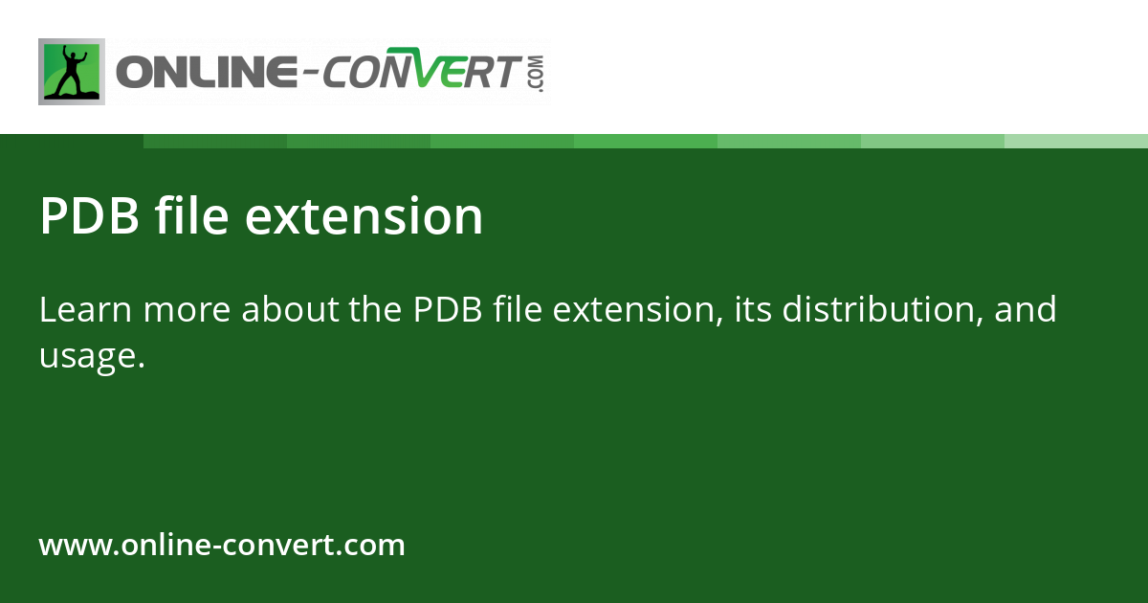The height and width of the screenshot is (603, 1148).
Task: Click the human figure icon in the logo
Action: click(72, 72)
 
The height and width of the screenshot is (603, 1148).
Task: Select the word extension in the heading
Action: click(364, 216)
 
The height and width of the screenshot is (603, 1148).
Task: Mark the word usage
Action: click(92, 356)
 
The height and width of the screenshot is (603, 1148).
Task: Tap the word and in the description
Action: click(1026, 310)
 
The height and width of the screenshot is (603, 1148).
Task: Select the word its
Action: click(752, 310)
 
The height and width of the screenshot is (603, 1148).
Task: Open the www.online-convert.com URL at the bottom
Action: click(222, 546)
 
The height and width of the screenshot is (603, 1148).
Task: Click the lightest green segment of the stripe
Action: click(1076, 141)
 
